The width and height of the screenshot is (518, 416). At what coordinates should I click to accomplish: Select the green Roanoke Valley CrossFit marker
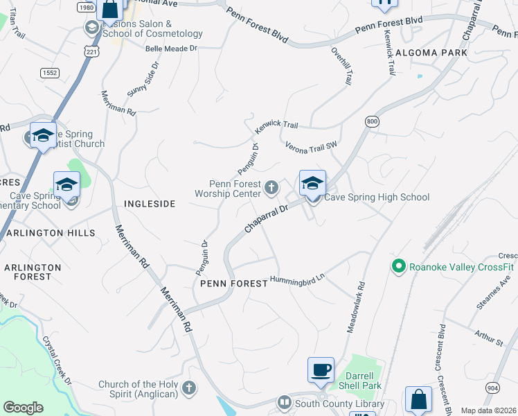click(398, 266)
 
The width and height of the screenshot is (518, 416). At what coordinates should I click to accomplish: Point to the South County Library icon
click(285, 403)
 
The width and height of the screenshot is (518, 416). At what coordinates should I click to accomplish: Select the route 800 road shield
click(373, 121)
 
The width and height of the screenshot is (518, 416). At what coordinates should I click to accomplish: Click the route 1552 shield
click(50, 71)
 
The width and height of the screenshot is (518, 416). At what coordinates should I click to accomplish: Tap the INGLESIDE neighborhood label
click(149, 204)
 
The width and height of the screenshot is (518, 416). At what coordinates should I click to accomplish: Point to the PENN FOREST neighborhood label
click(233, 284)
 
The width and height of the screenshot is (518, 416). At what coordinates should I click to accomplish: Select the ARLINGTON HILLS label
click(50, 233)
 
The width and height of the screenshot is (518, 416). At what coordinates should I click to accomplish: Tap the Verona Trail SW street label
click(311, 145)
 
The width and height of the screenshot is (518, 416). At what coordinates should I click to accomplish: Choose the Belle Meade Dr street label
click(171, 49)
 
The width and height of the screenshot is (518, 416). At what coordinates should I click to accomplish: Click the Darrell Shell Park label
click(364, 381)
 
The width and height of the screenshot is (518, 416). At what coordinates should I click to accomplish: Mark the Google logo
click(23, 408)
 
